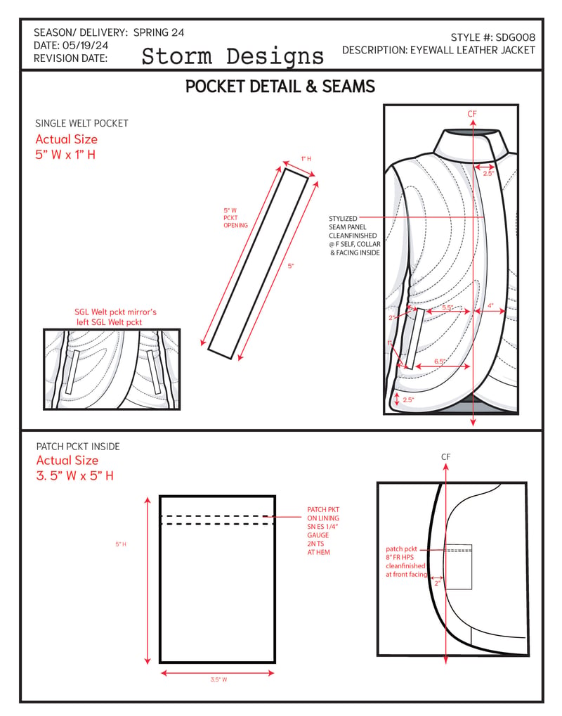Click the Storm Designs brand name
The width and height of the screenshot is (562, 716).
click(x=233, y=57)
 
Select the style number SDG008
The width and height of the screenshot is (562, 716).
click(x=516, y=37)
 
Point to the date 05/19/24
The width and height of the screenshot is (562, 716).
click(x=85, y=45)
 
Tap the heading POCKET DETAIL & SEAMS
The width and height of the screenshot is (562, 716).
click(x=280, y=87)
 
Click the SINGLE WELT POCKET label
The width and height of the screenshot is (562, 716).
click(x=81, y=123)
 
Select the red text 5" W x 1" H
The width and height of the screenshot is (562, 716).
click(x=65, y=154)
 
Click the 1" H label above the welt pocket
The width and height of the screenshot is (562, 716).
click(x=306, y=159)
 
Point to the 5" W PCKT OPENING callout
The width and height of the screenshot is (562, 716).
click(x=235, y=218)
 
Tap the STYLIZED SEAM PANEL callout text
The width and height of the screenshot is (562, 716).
click(x=355, y=236)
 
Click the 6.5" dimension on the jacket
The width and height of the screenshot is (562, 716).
click(x=440, y=362)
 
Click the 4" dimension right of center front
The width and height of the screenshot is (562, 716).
click(x=490, y=305)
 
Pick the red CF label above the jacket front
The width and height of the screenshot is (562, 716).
click(x=472, y=114)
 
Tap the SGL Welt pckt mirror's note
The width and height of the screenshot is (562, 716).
click(x=115, y=317)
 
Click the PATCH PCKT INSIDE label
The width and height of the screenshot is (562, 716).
click(x=78, y=447)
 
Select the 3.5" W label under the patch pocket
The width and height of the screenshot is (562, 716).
click(x=219, y=679)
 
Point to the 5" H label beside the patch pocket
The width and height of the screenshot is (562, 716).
click(x=121, y=544)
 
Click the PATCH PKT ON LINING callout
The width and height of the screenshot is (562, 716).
click(x=323, y=530)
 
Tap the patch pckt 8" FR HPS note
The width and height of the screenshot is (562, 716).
click(x=407, y=562)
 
